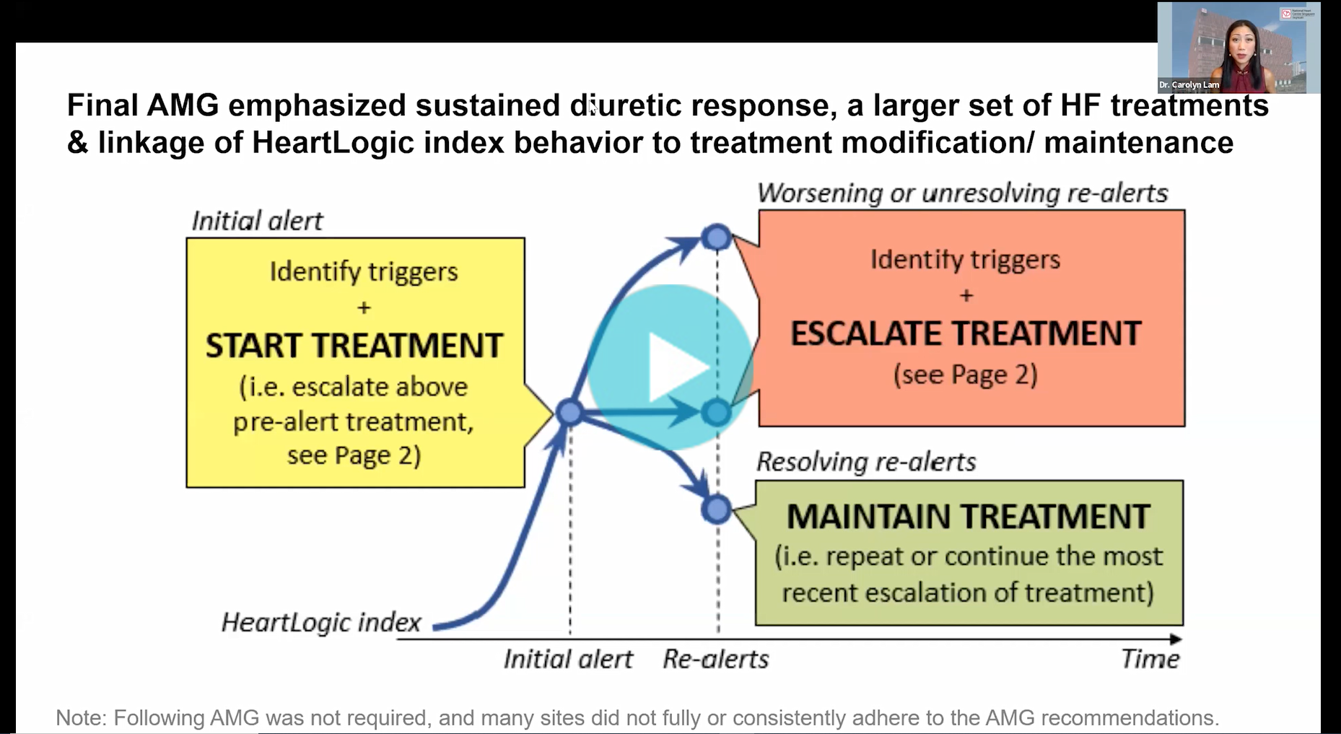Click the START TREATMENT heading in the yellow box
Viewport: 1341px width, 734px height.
(354, 346)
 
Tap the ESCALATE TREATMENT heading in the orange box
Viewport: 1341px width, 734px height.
(966, 333)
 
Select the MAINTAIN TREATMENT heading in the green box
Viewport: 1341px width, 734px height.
(968, 517)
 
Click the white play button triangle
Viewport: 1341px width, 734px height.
(678, 367)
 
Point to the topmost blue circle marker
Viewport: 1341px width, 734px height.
(717, 237)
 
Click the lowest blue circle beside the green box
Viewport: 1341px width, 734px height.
(716, 510)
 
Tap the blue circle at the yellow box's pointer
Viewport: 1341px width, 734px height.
(570, 413)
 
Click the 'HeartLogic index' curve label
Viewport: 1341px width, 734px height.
(321, 622)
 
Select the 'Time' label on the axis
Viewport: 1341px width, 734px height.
(1150, 659)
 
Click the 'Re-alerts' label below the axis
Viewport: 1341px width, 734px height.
(716, 659)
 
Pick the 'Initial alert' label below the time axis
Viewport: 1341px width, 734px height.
(568, 659)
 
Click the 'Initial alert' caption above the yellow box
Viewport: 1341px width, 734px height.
(257, 221)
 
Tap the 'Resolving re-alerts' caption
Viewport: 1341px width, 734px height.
(866, 462)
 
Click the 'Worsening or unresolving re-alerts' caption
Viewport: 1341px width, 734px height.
(962, 193)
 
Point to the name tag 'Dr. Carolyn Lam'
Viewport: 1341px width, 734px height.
(1189, 85)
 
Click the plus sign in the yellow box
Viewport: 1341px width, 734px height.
(364, 307)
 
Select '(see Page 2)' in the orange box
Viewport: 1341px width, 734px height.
(966, 375)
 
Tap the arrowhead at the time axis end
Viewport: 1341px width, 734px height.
(1176, 639)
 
